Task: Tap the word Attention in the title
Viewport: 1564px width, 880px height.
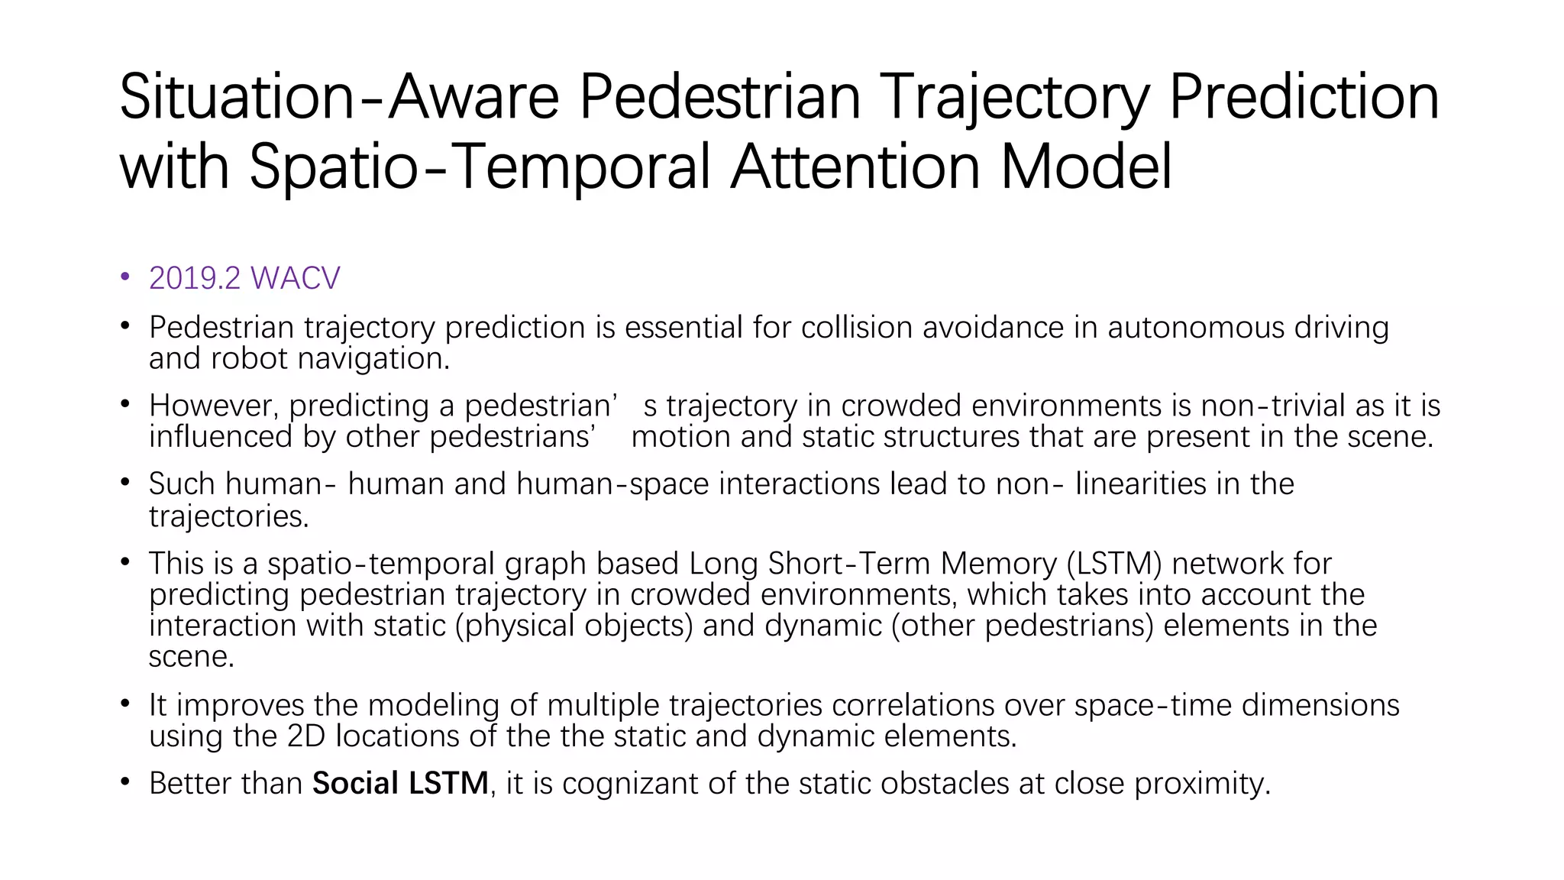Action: (855, 167)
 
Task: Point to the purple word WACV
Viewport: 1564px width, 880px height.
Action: (295, 279)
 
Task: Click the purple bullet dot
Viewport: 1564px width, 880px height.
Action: (125, 278)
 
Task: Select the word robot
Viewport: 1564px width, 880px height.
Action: (249, 358)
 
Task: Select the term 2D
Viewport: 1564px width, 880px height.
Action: (306, 736)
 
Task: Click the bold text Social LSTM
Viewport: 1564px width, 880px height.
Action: (400, 784)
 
